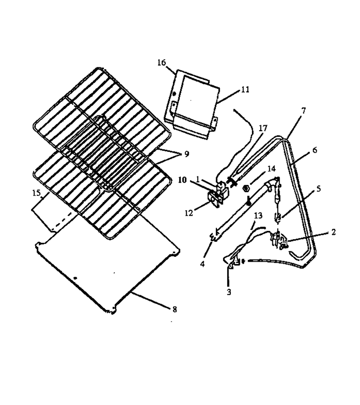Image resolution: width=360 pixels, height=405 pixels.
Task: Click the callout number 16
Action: tap(162, 62)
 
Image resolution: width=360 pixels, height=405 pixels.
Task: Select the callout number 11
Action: tap(245, 89)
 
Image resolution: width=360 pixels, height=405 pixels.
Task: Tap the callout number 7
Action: tap(304, 111)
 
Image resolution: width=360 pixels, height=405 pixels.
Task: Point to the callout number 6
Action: tap(314, 150)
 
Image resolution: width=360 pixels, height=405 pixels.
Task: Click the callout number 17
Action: tap(263, 128)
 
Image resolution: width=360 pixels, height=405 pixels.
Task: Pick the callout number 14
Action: tap(271, 169)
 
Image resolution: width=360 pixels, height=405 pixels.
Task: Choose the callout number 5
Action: tap(318, 189)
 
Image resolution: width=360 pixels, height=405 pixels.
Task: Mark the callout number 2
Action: tap(333, 232)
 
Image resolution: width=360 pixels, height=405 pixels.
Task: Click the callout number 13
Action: tap(258, 216)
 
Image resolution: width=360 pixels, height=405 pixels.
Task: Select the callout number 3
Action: tap(229, 292)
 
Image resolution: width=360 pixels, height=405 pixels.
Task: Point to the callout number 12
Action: tap(189, 213)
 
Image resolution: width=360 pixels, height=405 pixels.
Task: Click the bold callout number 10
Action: tap(182, 180)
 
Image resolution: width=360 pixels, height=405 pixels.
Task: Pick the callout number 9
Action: tap(186, 154)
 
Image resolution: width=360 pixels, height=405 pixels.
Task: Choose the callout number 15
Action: tap(37, 193)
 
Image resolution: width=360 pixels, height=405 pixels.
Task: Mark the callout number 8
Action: tap(175, 309)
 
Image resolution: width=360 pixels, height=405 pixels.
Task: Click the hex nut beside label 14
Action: tap(246, 188)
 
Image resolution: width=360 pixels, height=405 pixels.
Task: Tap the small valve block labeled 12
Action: tap(215, 200)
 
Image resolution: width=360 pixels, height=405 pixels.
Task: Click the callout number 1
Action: tap(198, 179)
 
